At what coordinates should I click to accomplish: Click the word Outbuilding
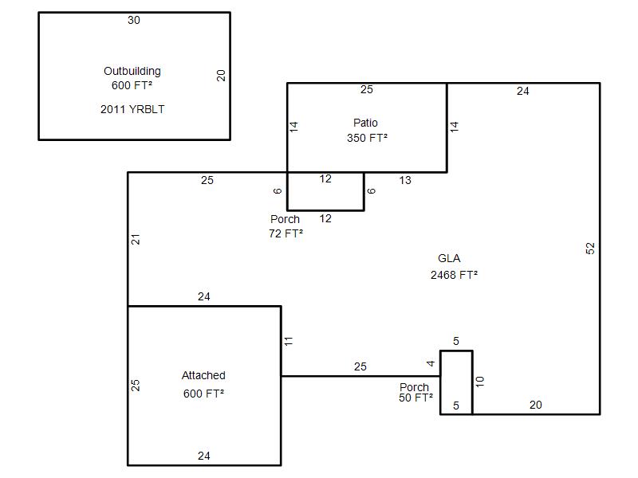click(132, 72)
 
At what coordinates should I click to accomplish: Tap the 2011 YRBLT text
click(132, 109)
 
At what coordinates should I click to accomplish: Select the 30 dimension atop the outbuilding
click(134, 21)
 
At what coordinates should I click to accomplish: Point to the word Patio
click(365, 123)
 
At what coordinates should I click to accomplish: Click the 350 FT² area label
click(367, 138)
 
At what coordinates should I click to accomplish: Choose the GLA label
click(449, 258)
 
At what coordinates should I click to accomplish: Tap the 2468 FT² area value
click(454, 275)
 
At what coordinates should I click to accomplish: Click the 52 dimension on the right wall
click(590, 249)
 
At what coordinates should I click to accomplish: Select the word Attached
click(203, 375)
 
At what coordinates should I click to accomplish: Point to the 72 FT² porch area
click(286, 233)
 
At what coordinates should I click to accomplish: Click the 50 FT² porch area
click(415, 398)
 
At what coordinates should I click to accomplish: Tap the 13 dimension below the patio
click(405, 181)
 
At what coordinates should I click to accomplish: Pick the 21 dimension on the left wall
click(136, 240)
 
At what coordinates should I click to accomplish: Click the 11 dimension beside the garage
click(289, 342)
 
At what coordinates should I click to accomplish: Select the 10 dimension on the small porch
click(480, 382)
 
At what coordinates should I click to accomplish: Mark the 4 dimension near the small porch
click(431, 363)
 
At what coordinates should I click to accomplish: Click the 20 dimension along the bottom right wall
click(535, 405)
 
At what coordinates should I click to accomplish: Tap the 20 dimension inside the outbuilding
click(221, 76)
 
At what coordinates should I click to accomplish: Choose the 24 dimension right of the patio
click(523, 91)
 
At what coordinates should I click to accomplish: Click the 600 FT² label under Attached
click(203, 394)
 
